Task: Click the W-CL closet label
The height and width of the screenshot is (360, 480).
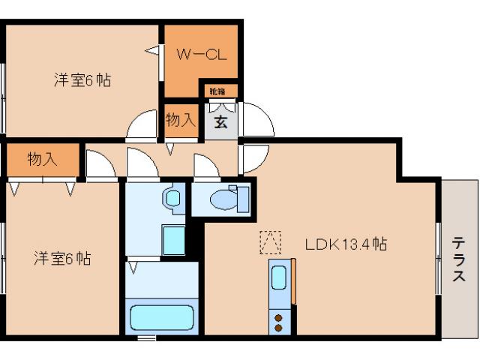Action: tap(202, 55)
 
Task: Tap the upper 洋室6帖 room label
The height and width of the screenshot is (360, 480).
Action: tap(82, 80)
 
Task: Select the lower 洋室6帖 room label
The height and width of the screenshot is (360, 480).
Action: tap(62, 259)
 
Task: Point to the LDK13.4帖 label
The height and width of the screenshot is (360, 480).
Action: tap(346, 244)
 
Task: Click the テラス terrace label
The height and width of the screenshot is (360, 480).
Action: tap(458, 260)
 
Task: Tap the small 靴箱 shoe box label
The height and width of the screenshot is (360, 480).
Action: tap(217, 91)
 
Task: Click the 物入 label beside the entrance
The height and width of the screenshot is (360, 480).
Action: tap(181, 119)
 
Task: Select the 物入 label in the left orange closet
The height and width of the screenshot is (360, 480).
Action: tap(42, 159)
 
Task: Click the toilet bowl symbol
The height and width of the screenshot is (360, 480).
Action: tap(224, 200)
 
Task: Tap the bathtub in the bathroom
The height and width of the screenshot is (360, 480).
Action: tap(161, 317)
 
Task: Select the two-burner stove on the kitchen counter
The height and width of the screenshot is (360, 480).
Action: tap(279, 322)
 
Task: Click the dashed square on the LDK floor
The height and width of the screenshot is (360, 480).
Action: tap(270, 241)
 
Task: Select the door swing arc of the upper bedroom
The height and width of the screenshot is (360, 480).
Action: tap(142, 125)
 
